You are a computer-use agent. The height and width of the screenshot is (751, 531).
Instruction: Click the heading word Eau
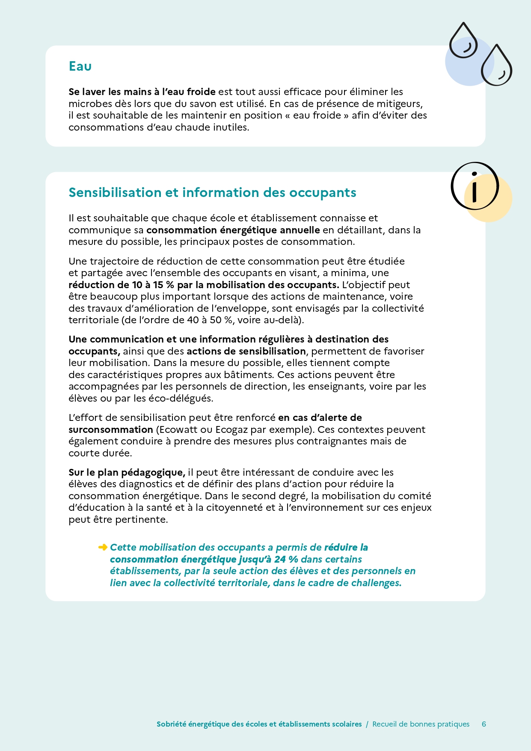[80, 66]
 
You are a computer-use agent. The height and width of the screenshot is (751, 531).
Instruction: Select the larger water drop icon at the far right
[496, 66]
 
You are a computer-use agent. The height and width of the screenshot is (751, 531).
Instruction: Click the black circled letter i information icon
[475, 186]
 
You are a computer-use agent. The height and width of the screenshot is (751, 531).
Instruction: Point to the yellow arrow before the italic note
[103, 547]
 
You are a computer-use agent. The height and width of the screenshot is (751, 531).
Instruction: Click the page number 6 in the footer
[484, 724]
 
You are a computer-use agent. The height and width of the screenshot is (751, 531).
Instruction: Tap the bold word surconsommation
[111, 429]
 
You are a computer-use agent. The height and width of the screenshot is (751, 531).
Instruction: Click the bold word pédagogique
[153, 472]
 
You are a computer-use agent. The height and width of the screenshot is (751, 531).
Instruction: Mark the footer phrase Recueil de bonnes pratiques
[421, 724]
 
